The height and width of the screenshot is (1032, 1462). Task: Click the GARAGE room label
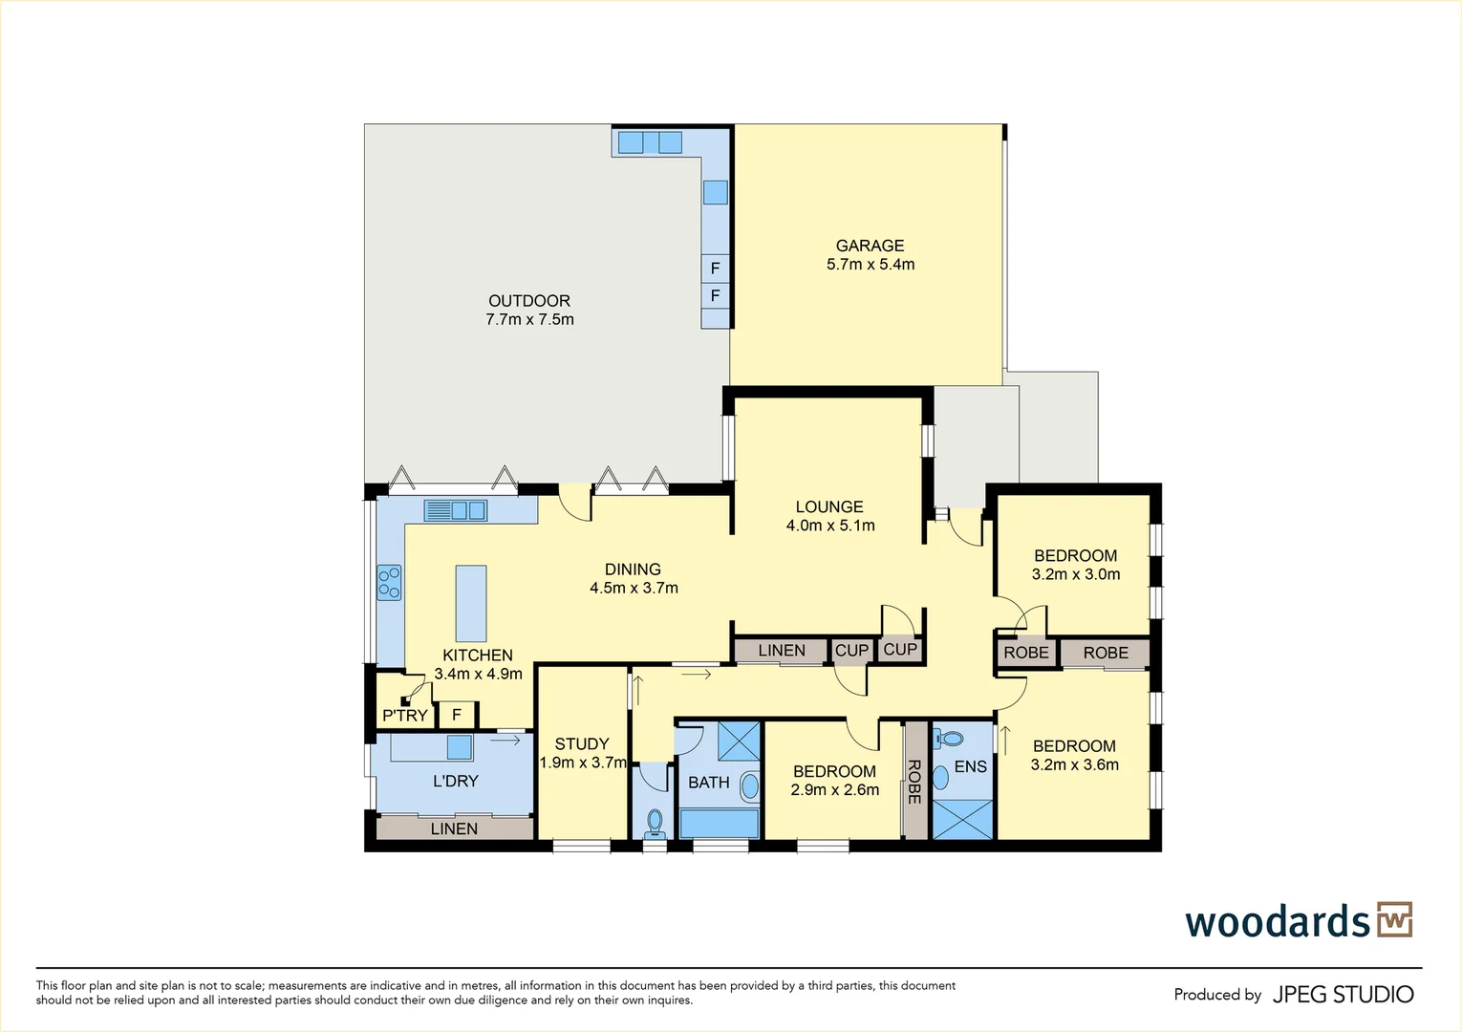(870, 246)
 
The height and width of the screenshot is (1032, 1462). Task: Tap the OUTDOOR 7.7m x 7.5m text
(529, 311)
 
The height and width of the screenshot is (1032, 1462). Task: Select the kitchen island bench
(470, 603)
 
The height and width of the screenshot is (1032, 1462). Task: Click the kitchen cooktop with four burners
(389, 582)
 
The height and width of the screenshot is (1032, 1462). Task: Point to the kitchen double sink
(456, 510)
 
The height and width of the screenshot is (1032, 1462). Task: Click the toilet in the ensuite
(950, 738)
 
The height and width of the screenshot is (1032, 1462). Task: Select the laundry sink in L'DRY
(460, 746)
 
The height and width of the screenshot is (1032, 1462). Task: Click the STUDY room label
(581, 743)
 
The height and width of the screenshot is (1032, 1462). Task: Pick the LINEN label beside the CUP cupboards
(781, 651)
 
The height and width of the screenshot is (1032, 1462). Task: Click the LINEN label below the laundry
(454, 828)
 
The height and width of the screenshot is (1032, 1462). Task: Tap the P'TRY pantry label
(404, 716)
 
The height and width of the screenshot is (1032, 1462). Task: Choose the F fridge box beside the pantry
(457, 715)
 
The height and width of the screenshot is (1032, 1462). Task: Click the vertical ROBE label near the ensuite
(914, 781)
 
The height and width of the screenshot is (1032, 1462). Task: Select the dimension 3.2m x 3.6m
(1074, 764)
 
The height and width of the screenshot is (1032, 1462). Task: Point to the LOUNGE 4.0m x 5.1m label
(829, 516)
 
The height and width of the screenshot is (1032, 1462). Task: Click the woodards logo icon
(1394, 920)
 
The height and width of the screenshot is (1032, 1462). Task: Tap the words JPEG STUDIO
(1343, 995)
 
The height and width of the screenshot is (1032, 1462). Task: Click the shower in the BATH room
(739, 741)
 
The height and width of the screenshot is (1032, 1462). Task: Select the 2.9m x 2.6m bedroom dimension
(834, 790)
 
